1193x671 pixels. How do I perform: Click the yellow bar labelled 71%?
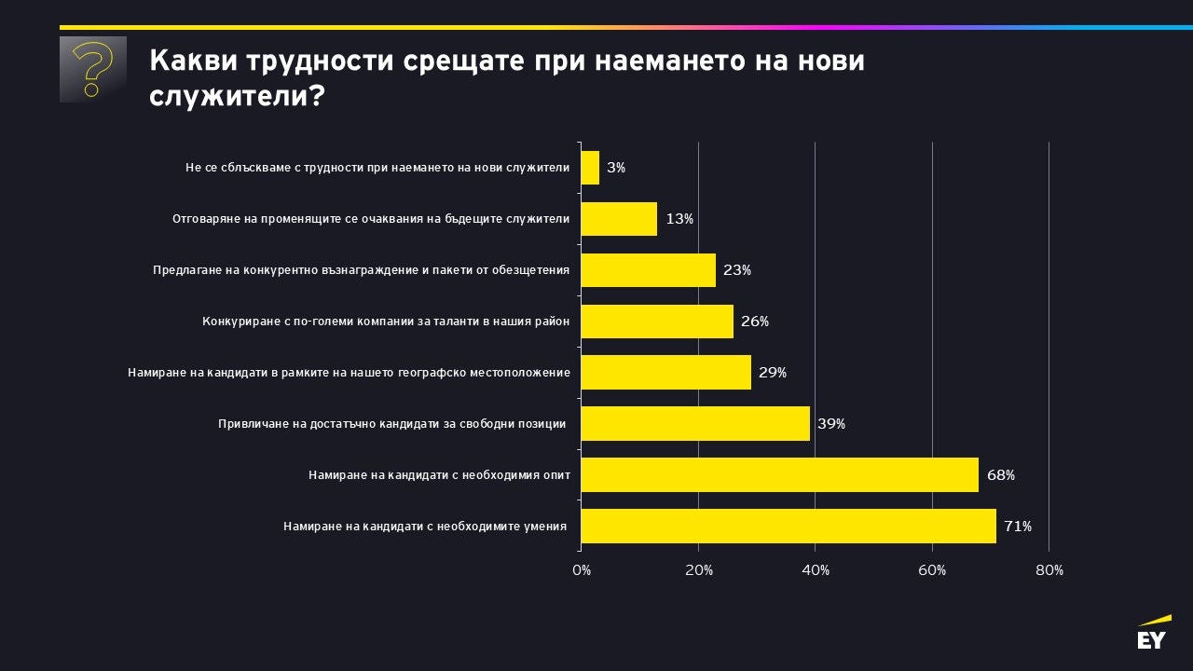pyautogui.click(x=788, y=526)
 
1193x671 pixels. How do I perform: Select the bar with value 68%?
pyautogui.click(x=779, y=474)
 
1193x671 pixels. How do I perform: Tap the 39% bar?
pyautogui.click(x=695, y=423)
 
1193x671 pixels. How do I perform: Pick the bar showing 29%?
pyautogui.click(x=665, y=372)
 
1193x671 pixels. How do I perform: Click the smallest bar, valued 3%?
pyautogui.click(x=590, y=168)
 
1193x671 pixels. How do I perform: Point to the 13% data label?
pyautogui.click(x=679, y=219)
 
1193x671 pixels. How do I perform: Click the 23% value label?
pyautogui.click(x=737, y=270)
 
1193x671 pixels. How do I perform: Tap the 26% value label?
pyautogui.click(x=755, y=322)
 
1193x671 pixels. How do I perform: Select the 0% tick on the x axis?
pyautogui.click(x=582, y=570)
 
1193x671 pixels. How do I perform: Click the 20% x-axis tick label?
pyautogui.click(x=699, y=570)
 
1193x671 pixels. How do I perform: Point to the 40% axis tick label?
pyautogui.click(x=816, y=570)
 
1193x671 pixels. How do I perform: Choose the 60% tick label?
pyautogui.click(x=932, y=570)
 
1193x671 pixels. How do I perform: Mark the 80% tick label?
pyautogui.click(x=1049, y=570)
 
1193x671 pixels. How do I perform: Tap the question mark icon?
pyautogui.click(x=92, y=69)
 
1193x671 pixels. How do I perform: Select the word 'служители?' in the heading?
pyautogui.click(x=237, y=96)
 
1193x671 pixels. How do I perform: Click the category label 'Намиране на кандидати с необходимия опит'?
pyautogui.click(x=439, y=475)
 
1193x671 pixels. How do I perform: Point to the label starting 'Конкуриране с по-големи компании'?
pyautogui.click(x=386, y=322)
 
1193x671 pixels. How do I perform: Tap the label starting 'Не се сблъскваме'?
pyautogui.click(x=377, y=168)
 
